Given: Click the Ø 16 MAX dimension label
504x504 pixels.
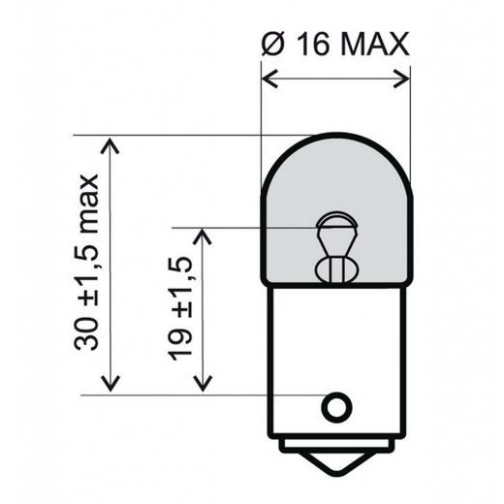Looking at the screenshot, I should (336, 44).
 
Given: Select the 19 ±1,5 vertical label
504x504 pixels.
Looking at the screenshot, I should (177, 308).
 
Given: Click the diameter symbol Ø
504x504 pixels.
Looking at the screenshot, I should (272, 44).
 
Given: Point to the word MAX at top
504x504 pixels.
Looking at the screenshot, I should (373, 44).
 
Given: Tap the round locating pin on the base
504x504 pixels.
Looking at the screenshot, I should (336, 406).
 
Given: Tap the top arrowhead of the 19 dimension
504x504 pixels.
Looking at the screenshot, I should (203, 236).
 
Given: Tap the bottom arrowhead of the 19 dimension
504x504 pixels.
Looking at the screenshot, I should (203, 384).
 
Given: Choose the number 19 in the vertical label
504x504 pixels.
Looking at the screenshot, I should (177, 350).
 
